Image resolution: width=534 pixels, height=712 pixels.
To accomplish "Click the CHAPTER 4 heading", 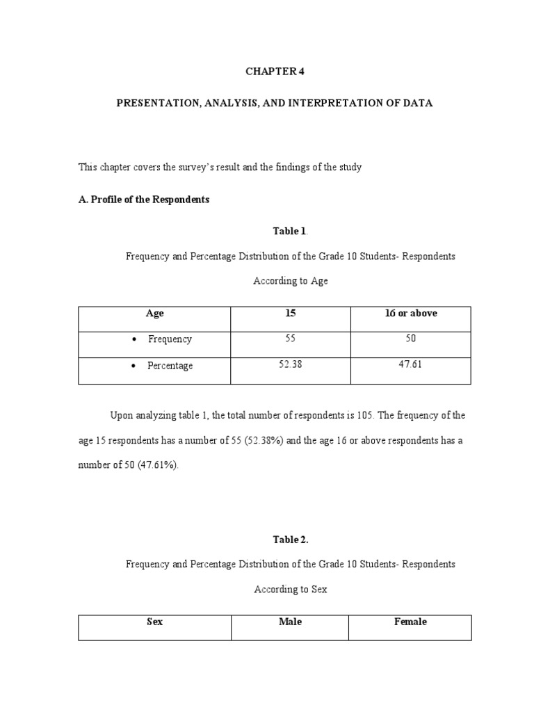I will tap(274, 72).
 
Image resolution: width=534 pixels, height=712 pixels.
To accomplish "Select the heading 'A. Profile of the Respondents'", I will tap(144, 200).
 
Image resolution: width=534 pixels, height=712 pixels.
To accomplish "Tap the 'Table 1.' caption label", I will tap(275, 231).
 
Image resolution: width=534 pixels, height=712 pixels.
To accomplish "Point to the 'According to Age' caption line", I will tap(290, 282).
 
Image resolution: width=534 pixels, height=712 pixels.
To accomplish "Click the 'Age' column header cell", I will tap(155, 314).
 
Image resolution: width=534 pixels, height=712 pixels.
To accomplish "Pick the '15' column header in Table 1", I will tap(291, 314).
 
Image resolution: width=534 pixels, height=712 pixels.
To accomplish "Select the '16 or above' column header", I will tap(411, 314).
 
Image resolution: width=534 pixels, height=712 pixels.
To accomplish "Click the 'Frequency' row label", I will tap(170, 339).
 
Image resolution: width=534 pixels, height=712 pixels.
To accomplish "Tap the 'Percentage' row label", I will tap(170, 366).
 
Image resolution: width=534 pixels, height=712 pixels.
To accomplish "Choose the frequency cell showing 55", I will tap(291, 339).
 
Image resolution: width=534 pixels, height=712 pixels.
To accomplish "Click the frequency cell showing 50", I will tap(411, 339).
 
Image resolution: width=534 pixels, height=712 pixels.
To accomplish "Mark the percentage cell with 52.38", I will tap(291, 365).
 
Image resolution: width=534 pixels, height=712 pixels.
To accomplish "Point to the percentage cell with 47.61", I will tap(411, 365).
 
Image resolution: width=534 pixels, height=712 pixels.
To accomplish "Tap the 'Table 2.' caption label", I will tap(275, 539).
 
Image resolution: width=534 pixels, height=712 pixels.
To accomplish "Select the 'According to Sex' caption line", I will tap(290, 590).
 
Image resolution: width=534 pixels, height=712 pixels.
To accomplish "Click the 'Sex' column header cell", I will tap(155, 622).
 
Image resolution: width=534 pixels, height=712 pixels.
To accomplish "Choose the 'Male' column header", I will tap(290, 622).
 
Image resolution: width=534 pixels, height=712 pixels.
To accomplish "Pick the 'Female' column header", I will tap(410, 622).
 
